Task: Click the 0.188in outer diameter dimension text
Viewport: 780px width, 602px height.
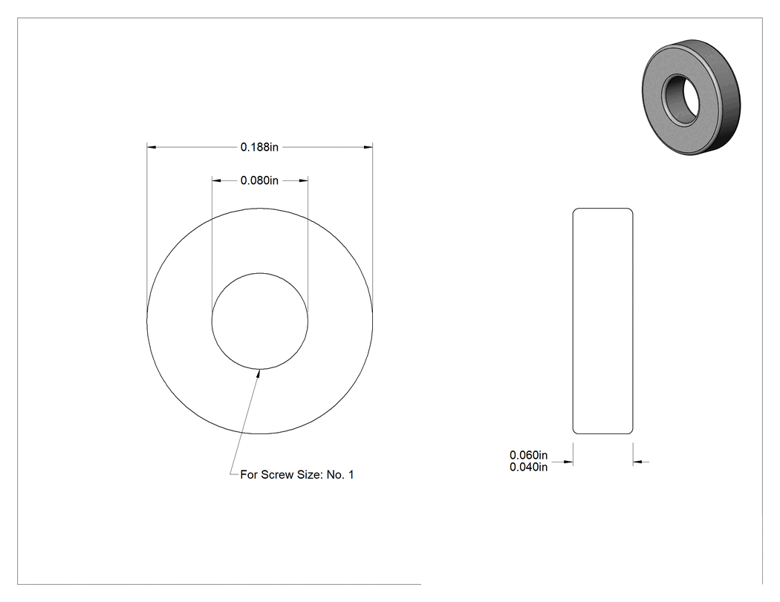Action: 259,147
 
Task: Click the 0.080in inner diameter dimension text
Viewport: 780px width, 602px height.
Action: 259,180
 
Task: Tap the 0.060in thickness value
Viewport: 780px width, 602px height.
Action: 528,455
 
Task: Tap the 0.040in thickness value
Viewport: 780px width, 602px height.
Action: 528,467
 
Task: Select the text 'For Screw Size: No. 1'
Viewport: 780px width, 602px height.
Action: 297,475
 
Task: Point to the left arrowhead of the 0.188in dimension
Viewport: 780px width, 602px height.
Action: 152,147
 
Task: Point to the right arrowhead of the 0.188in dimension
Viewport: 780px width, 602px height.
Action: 368,147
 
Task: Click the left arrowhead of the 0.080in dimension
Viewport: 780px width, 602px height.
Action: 216,180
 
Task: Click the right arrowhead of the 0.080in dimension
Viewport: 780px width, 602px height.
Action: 303,180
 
